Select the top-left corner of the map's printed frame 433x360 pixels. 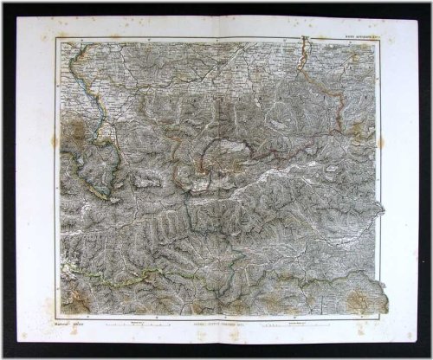(x=59, y=39)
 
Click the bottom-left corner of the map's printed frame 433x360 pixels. (x=59, y=318)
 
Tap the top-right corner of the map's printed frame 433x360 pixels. (x=374, y=39)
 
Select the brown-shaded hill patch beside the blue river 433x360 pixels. (x=76, y=130)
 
